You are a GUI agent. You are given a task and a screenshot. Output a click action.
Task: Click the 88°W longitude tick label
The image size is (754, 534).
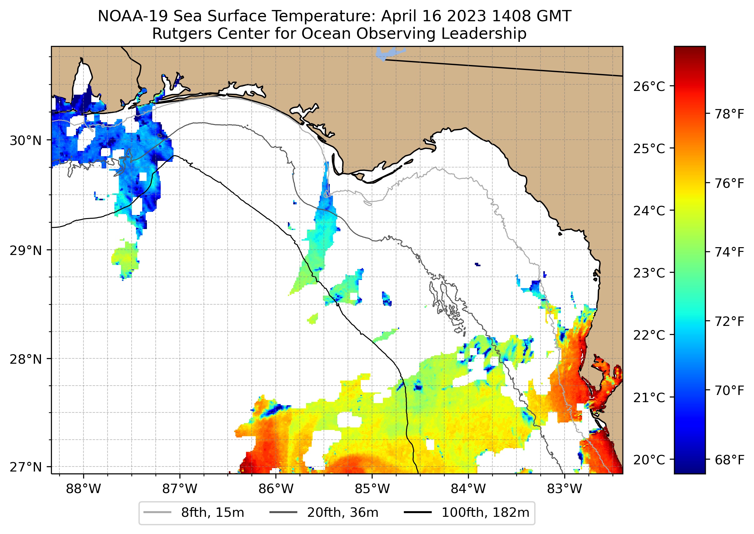point(83,489)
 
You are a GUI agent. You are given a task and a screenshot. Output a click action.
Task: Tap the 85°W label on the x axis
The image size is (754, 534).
point(372,489)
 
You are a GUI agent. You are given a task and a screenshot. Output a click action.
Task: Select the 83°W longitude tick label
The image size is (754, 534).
point(565,489)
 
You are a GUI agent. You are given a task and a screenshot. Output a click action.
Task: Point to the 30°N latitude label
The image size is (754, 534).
point(26,141)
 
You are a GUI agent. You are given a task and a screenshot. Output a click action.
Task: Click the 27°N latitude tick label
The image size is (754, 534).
point(26,467)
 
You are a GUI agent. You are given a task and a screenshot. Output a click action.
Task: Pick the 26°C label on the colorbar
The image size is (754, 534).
point(649,87)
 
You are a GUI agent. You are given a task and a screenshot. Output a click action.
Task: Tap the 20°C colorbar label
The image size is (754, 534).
point(649,460)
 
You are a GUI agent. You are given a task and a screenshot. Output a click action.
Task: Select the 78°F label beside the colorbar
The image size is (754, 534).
point(729,114)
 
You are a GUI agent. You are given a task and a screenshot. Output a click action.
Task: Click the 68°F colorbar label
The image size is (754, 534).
point(729,460)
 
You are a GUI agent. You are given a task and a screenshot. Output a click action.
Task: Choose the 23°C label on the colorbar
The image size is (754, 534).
point(649,273)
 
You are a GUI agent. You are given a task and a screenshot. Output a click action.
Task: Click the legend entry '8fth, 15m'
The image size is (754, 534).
point(213,513)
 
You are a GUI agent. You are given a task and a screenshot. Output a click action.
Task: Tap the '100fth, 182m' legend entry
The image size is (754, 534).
point(485,513)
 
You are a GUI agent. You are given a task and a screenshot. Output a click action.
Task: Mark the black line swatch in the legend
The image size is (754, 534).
point(418,512)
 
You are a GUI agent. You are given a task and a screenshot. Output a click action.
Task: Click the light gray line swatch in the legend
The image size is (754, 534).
point(157,512)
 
